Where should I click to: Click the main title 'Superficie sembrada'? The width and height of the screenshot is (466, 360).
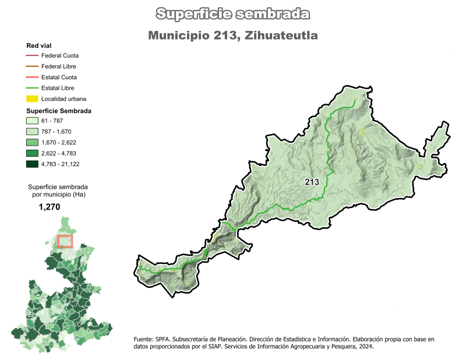pos(233,14)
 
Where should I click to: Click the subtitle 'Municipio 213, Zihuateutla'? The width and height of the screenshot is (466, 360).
pos(233,36)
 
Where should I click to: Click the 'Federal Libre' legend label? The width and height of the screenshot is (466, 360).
pos(59,66)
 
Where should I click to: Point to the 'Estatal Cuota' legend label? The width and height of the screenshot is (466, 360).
pos(59,77)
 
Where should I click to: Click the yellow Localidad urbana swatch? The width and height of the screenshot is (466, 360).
pos(32,99)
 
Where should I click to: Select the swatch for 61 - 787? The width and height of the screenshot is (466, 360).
pos(32,121)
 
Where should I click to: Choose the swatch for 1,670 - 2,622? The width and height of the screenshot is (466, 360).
pos(32,143)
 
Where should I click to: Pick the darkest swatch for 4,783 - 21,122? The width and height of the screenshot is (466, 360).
pos(32,164)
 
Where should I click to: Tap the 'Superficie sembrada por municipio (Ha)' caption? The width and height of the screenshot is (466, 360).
pos(57,190)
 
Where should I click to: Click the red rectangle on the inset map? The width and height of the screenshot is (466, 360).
pos(65,241)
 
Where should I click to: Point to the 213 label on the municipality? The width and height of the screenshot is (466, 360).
pos(312,182)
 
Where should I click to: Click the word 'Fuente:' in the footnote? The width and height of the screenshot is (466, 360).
pos(143,339)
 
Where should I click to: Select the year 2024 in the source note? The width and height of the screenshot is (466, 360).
pos(365,346)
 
